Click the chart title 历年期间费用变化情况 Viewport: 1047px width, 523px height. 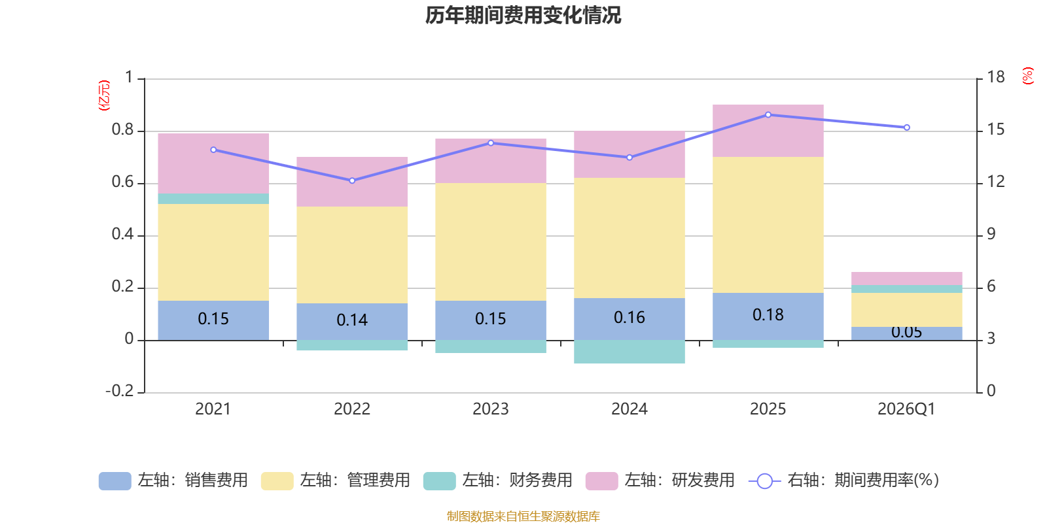click(523, 16)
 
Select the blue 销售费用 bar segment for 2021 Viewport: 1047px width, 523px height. click(213, 320)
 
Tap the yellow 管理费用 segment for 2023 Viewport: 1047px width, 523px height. click(491, 242)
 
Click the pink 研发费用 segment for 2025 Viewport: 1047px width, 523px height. click(768, 131)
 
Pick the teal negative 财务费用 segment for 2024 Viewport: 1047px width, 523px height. click(630, 352)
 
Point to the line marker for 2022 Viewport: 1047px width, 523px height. click(353, 180)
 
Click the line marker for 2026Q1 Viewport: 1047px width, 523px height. click(907, 127)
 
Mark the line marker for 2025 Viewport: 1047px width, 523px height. click(768, 115)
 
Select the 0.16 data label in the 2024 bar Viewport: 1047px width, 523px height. click(630, 318)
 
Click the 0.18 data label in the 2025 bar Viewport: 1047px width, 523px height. click(768, 314)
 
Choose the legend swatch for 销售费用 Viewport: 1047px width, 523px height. click(115, 481)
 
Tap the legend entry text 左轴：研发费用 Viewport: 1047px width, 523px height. click(680, 481)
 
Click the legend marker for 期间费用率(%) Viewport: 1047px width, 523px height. click(765, 481)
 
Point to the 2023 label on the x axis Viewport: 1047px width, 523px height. click(491, 409)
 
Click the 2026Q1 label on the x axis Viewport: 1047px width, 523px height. click(907, 409)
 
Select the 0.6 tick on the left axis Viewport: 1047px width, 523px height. click(123, 182)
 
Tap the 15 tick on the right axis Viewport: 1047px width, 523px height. click(996, 130)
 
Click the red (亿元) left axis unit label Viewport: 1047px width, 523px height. click(104, 95)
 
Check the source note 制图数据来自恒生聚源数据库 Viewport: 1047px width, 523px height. click(523, 516)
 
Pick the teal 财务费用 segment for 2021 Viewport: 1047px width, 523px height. click(213, 199)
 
